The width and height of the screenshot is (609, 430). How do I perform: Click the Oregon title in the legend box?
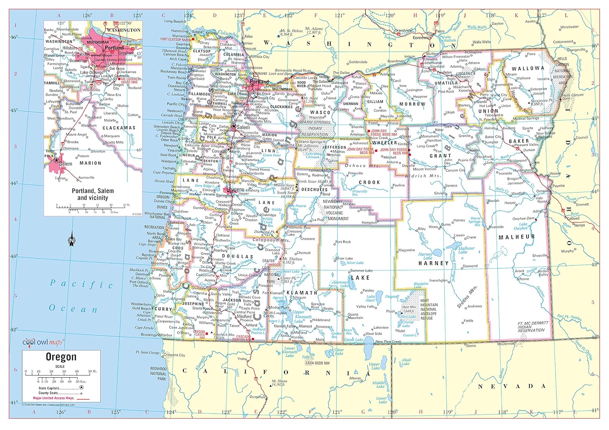(x=61, y=357)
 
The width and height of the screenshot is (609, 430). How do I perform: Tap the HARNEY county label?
(x=434, y=263)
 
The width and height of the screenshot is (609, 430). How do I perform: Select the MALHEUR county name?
(x=516, y=237)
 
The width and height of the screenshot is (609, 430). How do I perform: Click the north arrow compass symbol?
(x=72, y=239)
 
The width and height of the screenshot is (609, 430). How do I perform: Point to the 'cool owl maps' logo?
(x=43, y=342)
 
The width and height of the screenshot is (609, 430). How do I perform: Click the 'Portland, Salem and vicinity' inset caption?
(x=93, y=194)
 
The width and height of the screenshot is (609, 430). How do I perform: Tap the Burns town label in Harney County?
(x=446, y=224)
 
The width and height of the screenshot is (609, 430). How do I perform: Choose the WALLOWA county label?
(x=528, y=69)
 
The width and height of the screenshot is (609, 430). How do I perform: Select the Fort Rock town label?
(x=343, y=242)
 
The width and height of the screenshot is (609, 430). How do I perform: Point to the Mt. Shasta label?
(x=279, y=382)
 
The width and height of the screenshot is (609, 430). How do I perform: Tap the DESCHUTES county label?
(x=314, y=190)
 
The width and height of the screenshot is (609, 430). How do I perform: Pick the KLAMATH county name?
(x=302, y=292)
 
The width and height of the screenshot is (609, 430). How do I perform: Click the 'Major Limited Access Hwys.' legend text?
(x=53, y=398)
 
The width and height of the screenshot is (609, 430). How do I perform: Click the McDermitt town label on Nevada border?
(x=506, y=344)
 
